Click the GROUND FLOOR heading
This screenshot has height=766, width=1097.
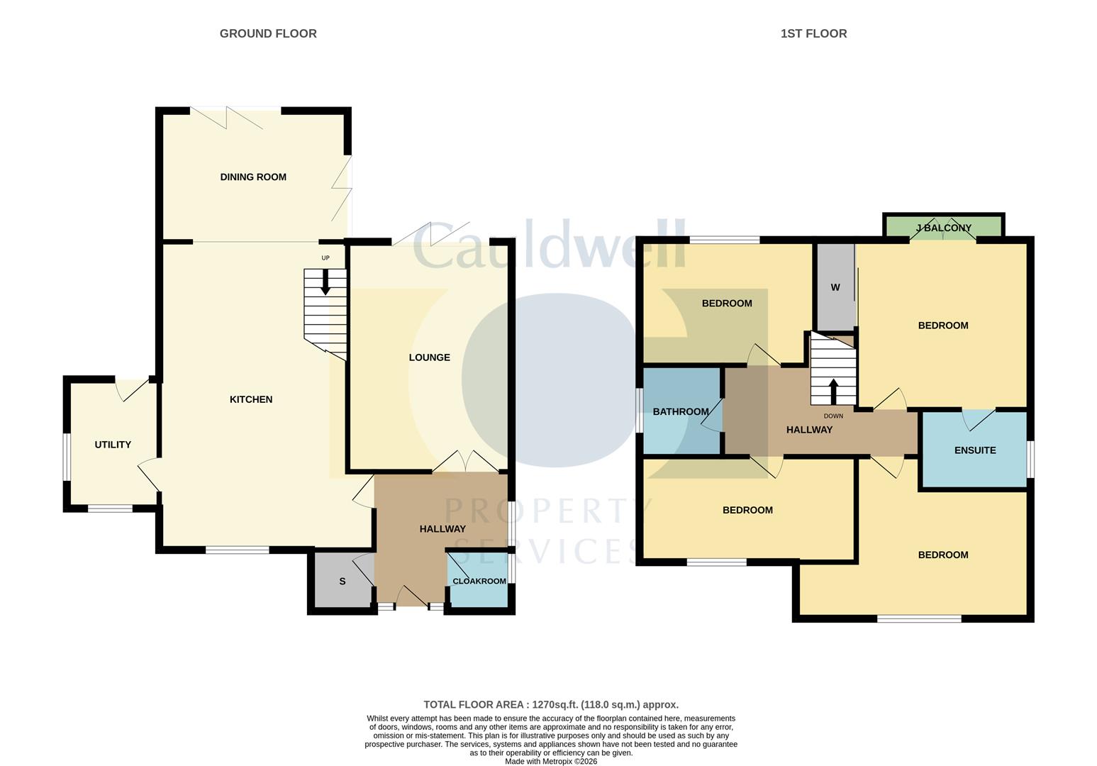coord(268,33)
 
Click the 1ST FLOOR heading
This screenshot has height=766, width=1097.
coord(813,33)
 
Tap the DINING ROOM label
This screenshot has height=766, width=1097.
coord(253,177)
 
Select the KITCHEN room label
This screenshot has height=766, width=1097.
coord(251,399)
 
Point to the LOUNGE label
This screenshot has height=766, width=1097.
coord(429,357)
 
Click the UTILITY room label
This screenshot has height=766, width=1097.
coord(113,445)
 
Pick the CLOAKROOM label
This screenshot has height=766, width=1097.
coord(479,581)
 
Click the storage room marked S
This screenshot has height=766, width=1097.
coord(343,582)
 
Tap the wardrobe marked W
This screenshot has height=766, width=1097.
coord(835,287)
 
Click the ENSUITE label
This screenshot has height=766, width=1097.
coord(975,450)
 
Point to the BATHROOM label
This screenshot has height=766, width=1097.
coord(681,411)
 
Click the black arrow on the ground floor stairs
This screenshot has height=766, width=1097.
coord(325,285)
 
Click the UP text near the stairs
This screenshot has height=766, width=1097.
coord(325,258)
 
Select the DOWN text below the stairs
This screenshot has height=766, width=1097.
coord(833,416)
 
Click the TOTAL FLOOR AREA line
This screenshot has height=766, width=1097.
coord(551,704)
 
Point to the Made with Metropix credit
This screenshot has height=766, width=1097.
coord(551,761)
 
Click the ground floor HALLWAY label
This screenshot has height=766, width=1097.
coord(442,528)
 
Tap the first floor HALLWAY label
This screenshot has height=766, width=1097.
coord(809,429)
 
